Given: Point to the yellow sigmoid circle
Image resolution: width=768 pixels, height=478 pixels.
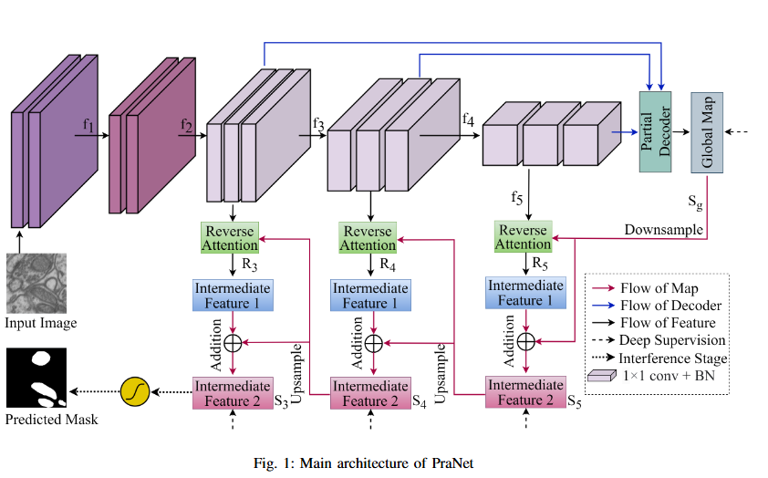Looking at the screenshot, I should click(x=134, y=392).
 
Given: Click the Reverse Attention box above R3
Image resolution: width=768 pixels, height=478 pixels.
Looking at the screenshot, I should click(x=231, y=237).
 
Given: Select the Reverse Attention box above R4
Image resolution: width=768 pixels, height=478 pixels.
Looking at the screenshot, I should click(x=368, y=237).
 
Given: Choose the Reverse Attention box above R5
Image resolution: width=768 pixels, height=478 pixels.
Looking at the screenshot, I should click(x=523, y=236).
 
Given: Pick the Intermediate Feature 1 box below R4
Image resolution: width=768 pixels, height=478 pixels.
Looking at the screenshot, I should click(x=369, y=296).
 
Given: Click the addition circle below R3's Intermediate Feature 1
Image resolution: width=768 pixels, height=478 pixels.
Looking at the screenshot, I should click(x=233, y=343).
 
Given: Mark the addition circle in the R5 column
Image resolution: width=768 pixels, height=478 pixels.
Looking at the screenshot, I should click(x=525, y=341).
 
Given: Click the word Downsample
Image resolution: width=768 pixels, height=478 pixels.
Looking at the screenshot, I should click(x=663, y=229).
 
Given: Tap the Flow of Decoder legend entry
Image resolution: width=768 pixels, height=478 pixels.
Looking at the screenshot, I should click(x=669, y=306).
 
